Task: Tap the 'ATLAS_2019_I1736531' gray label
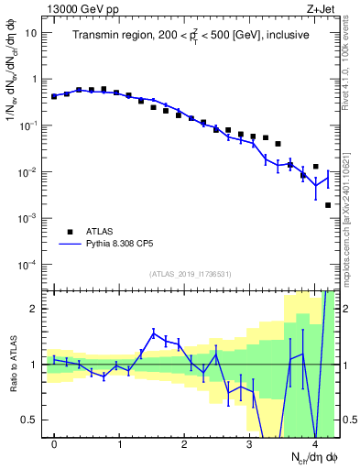(x=191, y=274)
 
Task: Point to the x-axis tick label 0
(x=55, y=444)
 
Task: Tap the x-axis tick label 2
(x=184, y=444)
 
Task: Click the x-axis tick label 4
(x=314, y=444)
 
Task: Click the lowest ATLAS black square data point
(x=328, y=205)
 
